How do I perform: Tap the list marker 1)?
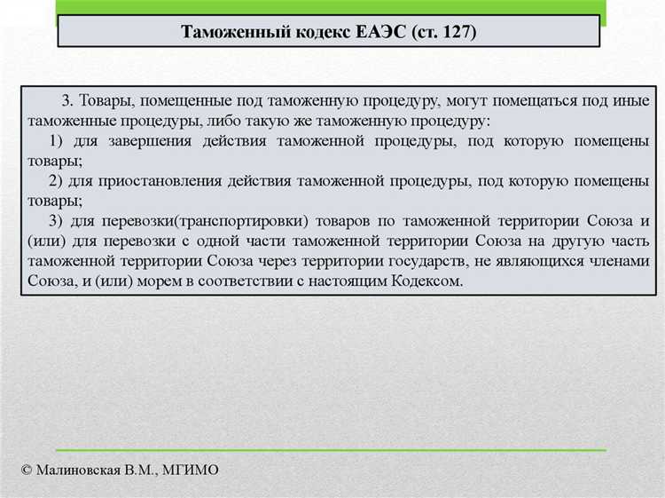point(59,142)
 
